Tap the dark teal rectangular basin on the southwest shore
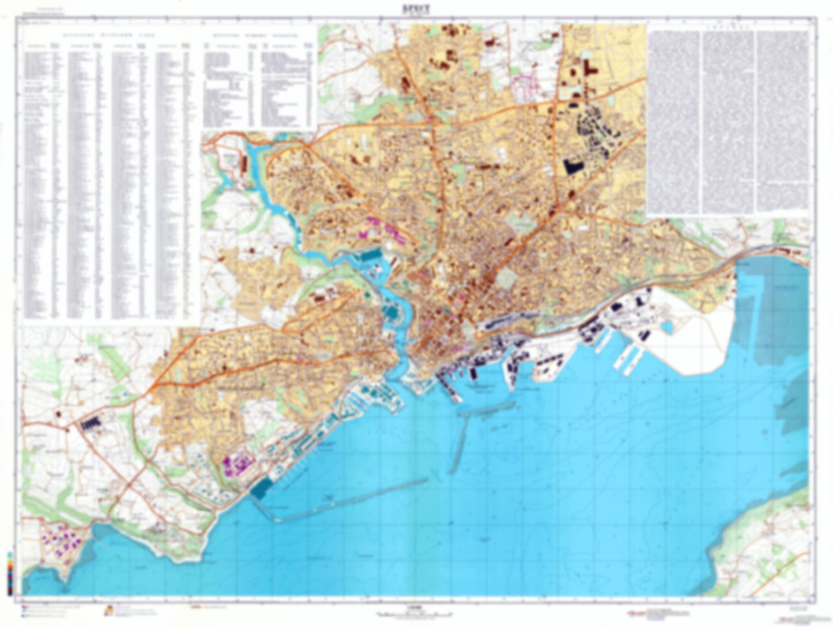pyautogui.click(x=261, y=489)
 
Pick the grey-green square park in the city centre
pyautogui.click(x=507, y=279)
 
